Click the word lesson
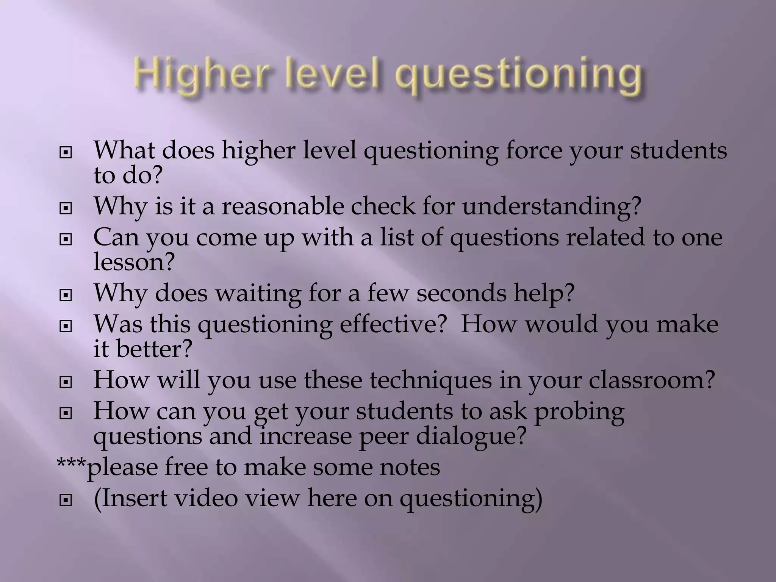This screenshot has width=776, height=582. coord(134,261)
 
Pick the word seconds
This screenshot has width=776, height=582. coord(461,293)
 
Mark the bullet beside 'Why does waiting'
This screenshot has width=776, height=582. coord(66,295)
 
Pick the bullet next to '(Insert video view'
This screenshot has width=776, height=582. coord(66,500)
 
